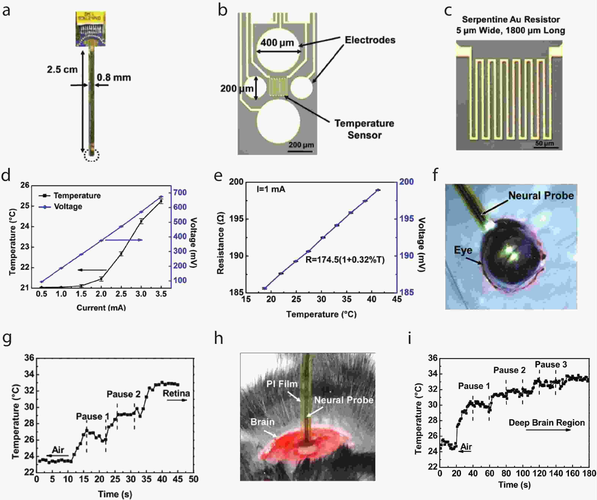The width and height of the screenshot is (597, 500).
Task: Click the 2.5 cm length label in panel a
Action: point(62,70)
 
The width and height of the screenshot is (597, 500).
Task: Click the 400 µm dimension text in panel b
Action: point(277,43)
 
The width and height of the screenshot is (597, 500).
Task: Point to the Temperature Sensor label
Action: point(364,129)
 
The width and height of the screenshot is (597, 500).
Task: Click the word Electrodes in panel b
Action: point(370,40)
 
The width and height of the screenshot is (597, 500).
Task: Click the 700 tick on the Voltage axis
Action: point(180,192)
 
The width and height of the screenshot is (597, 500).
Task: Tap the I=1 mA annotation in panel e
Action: point(271,189)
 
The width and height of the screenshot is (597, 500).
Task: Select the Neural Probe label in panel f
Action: point(541,196)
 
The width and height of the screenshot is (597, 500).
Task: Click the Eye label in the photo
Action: point(463,250)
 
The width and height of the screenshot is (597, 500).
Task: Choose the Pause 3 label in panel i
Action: point(551,364)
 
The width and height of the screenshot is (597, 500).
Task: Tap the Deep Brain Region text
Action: point(546,423)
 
